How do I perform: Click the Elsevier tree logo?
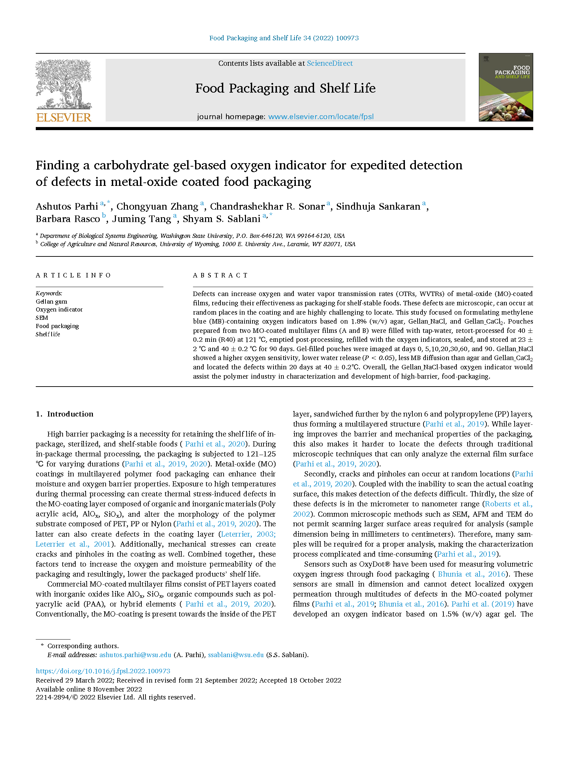tap(64, 84)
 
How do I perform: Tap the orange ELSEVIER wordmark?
tap(64, 117)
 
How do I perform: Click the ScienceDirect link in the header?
tap(330, 63)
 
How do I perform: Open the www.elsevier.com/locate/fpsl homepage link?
tap(321, 117)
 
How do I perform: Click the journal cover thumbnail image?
tap(505, 87)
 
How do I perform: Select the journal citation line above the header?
tap(284, 38)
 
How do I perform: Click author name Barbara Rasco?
tap(68, 219)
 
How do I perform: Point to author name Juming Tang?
tap(141, 219)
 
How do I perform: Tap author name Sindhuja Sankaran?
tap(378, 207)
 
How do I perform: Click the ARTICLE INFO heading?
tap(73, 275)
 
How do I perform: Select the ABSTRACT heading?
tap(220, 275)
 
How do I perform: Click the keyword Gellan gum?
tap(51, 302)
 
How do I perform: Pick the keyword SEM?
tap(42, 318)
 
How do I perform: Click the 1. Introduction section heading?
tap(65, 414)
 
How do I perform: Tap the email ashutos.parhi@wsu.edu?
tap(135, 655)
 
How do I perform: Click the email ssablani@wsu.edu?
tap(236, 655)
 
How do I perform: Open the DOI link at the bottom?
tap(103, 671)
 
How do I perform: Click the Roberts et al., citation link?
tap(508, 504)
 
